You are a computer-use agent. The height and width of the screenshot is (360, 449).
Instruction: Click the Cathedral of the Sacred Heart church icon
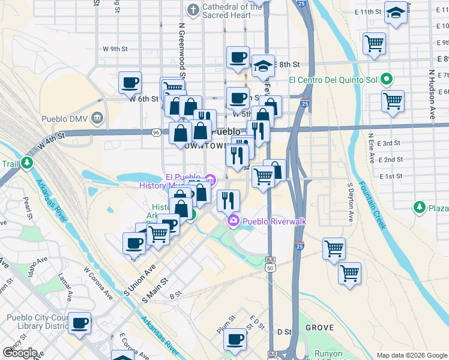(193, 10)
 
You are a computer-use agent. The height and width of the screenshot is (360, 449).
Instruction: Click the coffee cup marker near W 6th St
(130, 83)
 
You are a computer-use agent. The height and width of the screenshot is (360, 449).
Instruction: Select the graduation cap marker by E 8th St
(263, 65)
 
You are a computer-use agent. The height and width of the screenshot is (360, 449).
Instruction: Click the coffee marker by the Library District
(79, 323)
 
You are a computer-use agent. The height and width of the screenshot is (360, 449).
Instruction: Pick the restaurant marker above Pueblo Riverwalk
(228, 200)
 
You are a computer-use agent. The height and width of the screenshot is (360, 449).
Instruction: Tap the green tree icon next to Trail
(27, 163)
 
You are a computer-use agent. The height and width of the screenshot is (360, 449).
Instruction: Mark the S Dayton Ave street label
(351, 202)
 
